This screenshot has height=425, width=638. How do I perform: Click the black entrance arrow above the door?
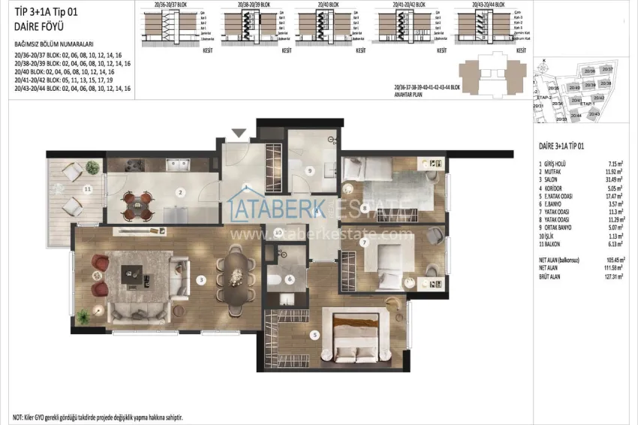coord(239,134)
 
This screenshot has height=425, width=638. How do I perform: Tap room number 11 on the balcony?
coord(87,189)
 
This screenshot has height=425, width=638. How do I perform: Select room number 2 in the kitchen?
coord(180,191)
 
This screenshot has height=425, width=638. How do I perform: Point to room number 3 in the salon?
coord(201,280)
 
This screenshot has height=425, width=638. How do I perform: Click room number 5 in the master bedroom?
coord(316,335)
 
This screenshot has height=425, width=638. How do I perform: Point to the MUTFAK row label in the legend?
coord(556,171)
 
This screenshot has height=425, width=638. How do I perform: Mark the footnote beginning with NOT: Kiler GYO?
coord(98,416)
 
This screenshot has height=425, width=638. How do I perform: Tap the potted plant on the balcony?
coord(92,167)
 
